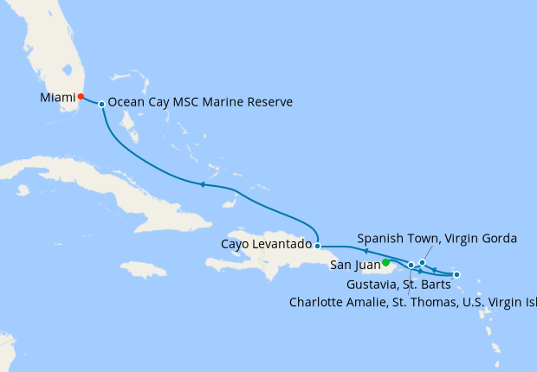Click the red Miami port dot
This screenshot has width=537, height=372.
[x=81, y=97]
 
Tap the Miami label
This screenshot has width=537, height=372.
[x=57, y=98]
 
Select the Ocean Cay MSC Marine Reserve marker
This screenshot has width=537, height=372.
[x=102, y=104]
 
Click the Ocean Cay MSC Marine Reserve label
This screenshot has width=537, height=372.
[x=200, y=102]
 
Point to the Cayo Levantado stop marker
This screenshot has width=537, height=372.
[x=318, y=246]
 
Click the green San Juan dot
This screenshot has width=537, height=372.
[x=385, y=263]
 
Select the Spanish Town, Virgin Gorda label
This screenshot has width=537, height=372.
[x=437, y=238]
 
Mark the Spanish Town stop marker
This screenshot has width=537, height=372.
[x=422, y=262]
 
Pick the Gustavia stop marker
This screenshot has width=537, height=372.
[x=456, y=275]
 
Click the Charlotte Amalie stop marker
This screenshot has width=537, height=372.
[x=411, y=265]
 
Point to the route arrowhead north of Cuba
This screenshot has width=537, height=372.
[x=202, y=184]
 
